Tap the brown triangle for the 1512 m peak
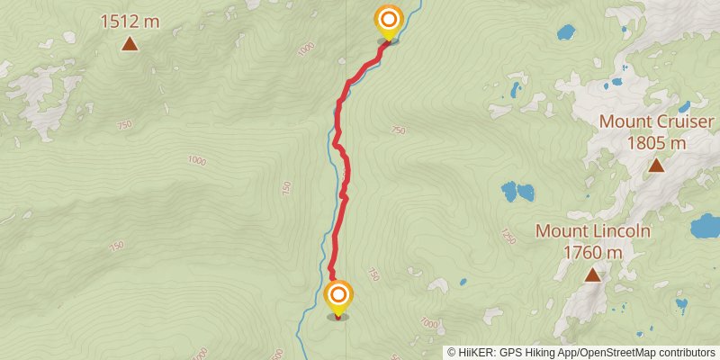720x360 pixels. pyautogui.click(x=130, y=44)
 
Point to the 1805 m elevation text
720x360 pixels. pyautogui.click(x=656, y=142)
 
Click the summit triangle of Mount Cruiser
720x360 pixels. pyautogui.click(x=656, y=165)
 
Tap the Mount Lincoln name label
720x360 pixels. pyautogui.click(x=592, y=230)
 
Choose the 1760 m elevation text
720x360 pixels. pyautogui.click(x=592, y=252)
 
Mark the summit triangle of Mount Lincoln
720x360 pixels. pyautogui.click(x=592, y=274)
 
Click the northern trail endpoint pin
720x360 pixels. pyautogui.click(x=388, y=22)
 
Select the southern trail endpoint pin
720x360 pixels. pyautogui.click(x=338, y=298)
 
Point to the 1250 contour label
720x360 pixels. pyautogui.click(x=509, y=237)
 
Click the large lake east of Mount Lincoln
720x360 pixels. pyautogui.click(x=705, y=225)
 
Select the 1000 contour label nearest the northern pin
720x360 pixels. pyautogui.click(x=309, y=47)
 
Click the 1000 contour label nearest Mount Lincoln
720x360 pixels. pyautogui.click(x=428, y=323)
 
